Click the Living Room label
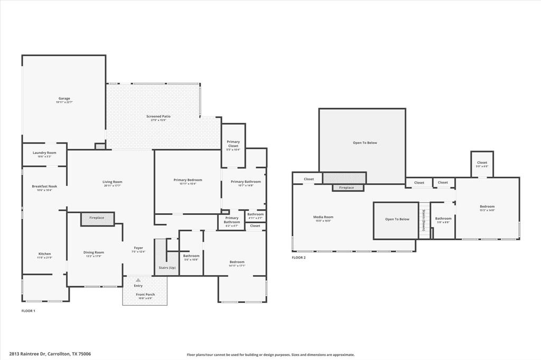pos(112,183)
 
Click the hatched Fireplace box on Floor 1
pos(97,218)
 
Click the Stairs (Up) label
pos(167,268)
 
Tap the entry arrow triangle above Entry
pos(138,280)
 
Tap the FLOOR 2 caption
pos(299,258)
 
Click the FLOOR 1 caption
pos(28,311)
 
